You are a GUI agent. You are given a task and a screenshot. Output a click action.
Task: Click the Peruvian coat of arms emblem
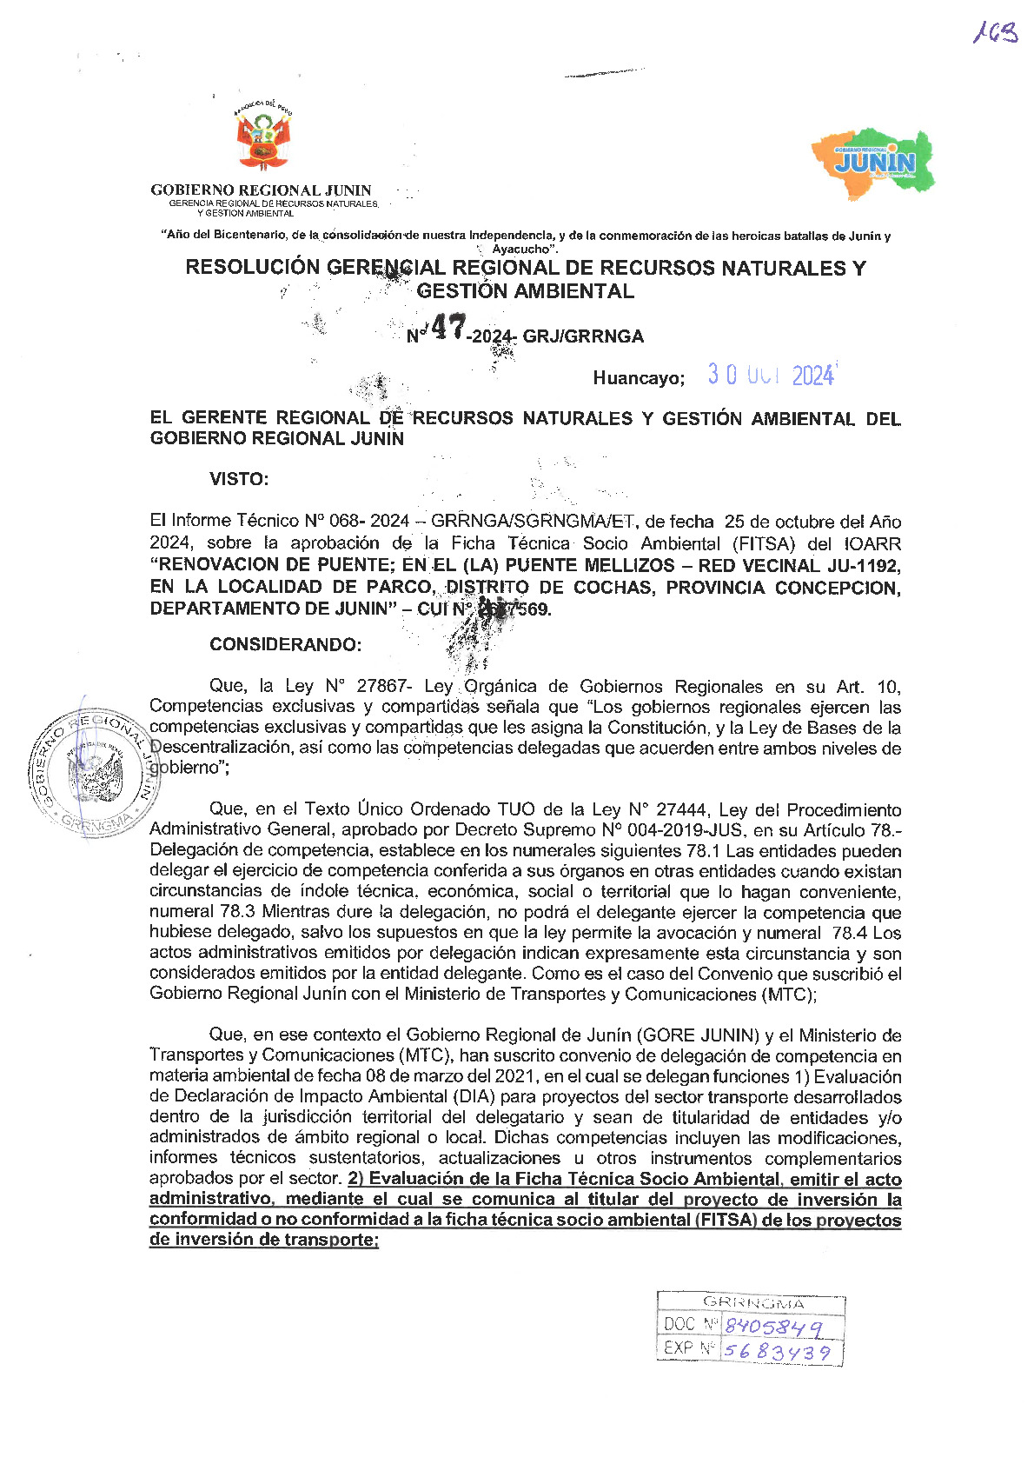point(262,138)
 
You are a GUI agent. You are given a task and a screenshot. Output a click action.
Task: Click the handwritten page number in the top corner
point(995,34)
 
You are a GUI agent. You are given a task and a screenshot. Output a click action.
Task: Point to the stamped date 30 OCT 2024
point(771,375)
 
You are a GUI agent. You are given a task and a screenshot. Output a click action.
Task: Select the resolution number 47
point(448,329)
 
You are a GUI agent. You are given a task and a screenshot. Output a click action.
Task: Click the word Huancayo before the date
point(639,378)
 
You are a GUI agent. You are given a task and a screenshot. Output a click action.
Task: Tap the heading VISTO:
point(239,479)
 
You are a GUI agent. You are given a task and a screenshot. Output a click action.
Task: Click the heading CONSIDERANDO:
point(285,644)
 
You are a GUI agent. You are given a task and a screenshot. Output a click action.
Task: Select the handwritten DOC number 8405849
point(772,1327)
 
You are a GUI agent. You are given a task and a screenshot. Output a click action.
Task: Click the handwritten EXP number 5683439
point(777,1352)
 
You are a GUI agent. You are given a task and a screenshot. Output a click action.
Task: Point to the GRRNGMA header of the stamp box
point(753,1303)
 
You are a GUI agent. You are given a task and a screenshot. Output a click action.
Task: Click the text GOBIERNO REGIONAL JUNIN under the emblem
point(261,190)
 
